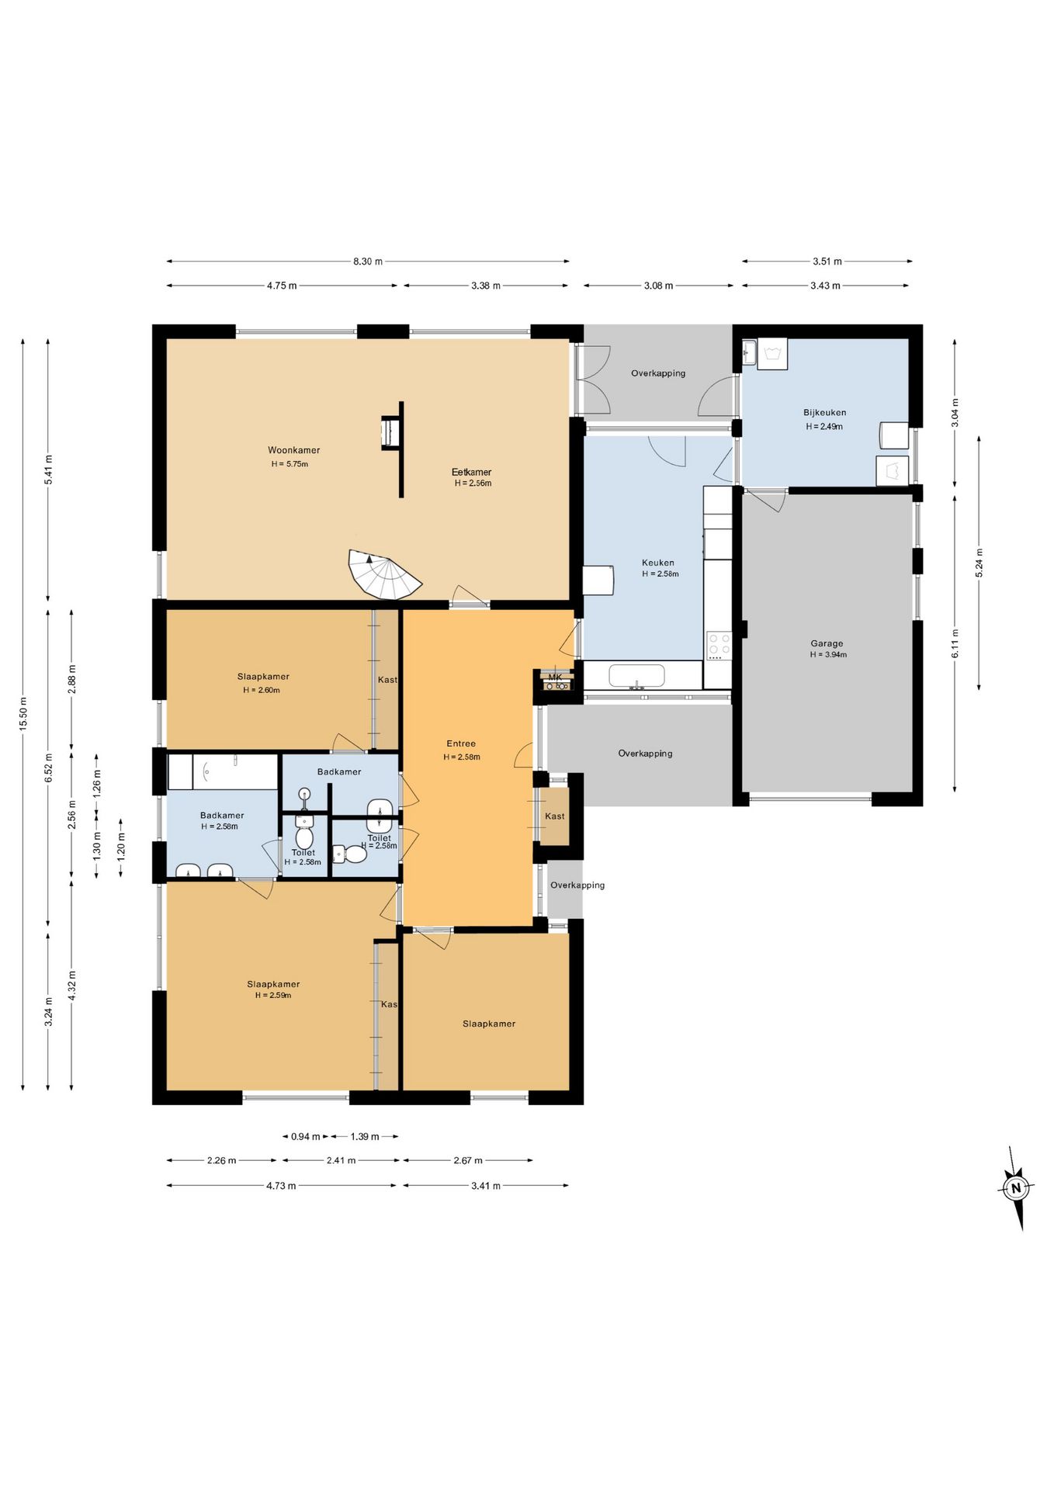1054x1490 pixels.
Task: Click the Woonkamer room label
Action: [293, 450]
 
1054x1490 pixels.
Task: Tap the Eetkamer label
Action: [472, 472]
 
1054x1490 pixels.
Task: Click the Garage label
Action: [827, 643]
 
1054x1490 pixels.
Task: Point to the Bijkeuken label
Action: [824, 413]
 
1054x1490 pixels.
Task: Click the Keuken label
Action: [658, 563]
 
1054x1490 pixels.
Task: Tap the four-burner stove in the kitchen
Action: [719, 646]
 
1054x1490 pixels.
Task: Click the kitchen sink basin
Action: [636, 675]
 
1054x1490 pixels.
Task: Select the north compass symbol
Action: [1015, 1187]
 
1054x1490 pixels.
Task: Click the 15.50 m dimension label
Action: [23, 714]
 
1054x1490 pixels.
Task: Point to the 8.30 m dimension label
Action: [368, 262]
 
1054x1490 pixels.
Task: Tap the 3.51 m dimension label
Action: [827, 262]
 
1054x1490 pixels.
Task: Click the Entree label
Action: [461, 743]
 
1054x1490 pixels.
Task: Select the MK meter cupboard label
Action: [555, 677]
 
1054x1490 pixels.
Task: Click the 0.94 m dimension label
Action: [306, 1137]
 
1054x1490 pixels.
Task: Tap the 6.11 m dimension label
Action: [955, 643]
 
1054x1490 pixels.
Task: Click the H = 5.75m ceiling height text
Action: [290, 464]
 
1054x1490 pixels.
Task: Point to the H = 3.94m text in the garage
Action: [828, 655]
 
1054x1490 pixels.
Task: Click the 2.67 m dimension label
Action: [468, 1161]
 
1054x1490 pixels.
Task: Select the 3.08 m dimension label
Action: [658, 286]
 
